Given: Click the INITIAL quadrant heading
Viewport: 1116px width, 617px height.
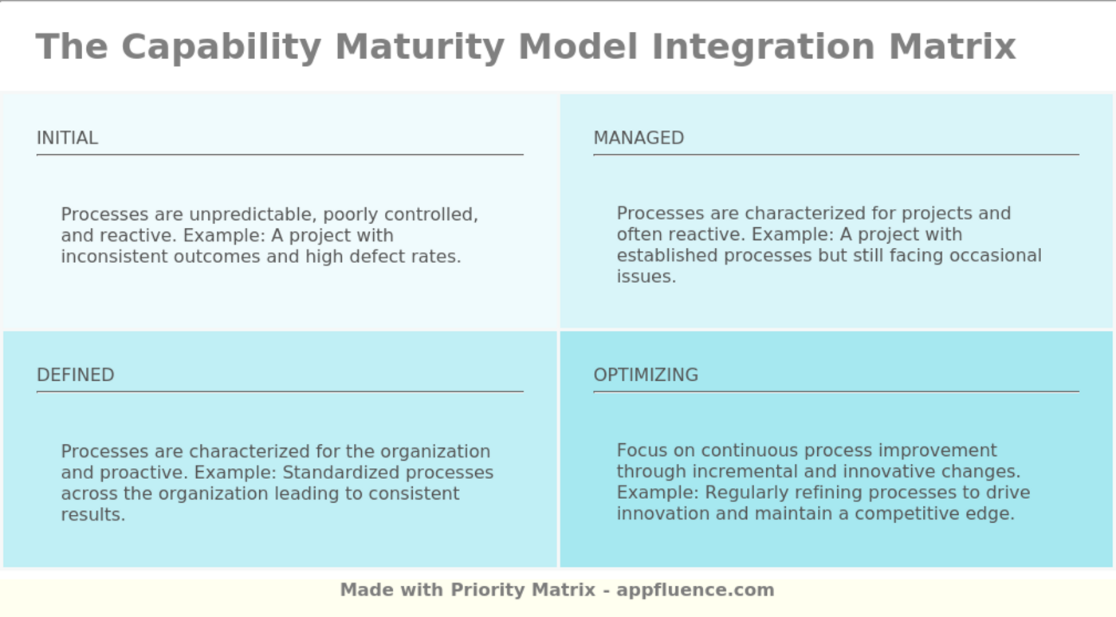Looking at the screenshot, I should (x=67, y=138).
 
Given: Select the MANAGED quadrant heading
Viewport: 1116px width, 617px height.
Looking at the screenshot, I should (x=639, y=138).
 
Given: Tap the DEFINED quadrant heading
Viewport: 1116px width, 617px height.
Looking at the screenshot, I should (x=75, y=375).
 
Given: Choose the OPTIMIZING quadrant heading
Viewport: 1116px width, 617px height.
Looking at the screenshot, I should (x=646, y=375).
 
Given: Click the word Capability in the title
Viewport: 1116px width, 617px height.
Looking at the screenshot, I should (x=221, y=47).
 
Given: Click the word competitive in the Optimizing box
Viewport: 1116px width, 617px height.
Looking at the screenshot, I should (x=905, y=514).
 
